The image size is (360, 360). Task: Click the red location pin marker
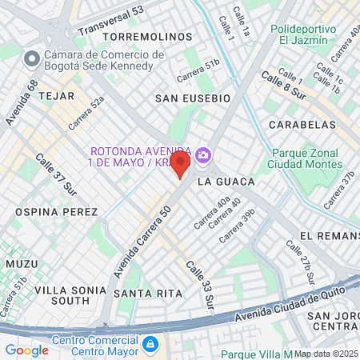180,165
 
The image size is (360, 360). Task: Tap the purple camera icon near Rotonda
203,154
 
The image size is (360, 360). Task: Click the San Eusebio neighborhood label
192,98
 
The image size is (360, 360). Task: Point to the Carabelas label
302,125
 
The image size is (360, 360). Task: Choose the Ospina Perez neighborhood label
56,211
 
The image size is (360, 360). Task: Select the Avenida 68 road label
21,102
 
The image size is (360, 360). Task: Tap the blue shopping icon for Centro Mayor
149,344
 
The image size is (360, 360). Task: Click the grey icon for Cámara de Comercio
33,59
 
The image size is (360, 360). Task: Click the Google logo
26,350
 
